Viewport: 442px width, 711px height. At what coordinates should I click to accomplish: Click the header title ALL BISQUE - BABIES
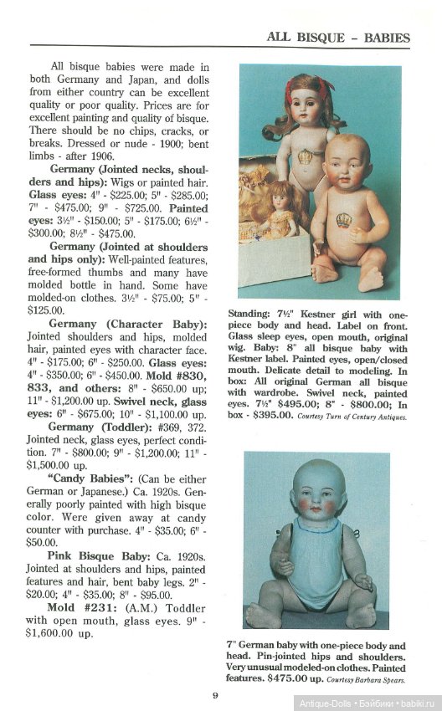(x=337, y=37)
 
